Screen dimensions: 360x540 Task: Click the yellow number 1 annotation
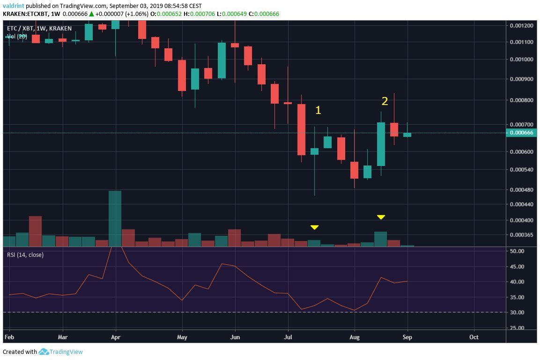click(x=318, y=110)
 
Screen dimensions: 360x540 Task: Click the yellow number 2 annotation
click(x=385, y=101)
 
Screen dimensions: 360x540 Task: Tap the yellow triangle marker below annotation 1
click(x=314, y=227)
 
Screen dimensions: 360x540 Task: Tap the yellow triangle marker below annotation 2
click(x=381, y=217)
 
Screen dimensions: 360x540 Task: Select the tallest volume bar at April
click(x=115, y=218)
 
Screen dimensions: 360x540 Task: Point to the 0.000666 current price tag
click(x=521, y=133)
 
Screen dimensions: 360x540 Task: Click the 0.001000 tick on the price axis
click(x=521, y=60)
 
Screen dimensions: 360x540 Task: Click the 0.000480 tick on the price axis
click(x=521, y=190)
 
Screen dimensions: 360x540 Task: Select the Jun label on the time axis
click(x=235, y=337)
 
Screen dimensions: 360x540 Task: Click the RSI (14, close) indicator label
click(x=25, y=255)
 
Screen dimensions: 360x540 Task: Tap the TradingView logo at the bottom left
click(x=61, y=352)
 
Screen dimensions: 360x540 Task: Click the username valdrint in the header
click(x=14, y=6)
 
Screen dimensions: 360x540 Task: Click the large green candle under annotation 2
click(x=381, y=144)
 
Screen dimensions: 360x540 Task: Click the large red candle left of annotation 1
click(x=301, y=129)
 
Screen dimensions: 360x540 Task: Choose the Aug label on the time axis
click(x=355, y=337)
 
